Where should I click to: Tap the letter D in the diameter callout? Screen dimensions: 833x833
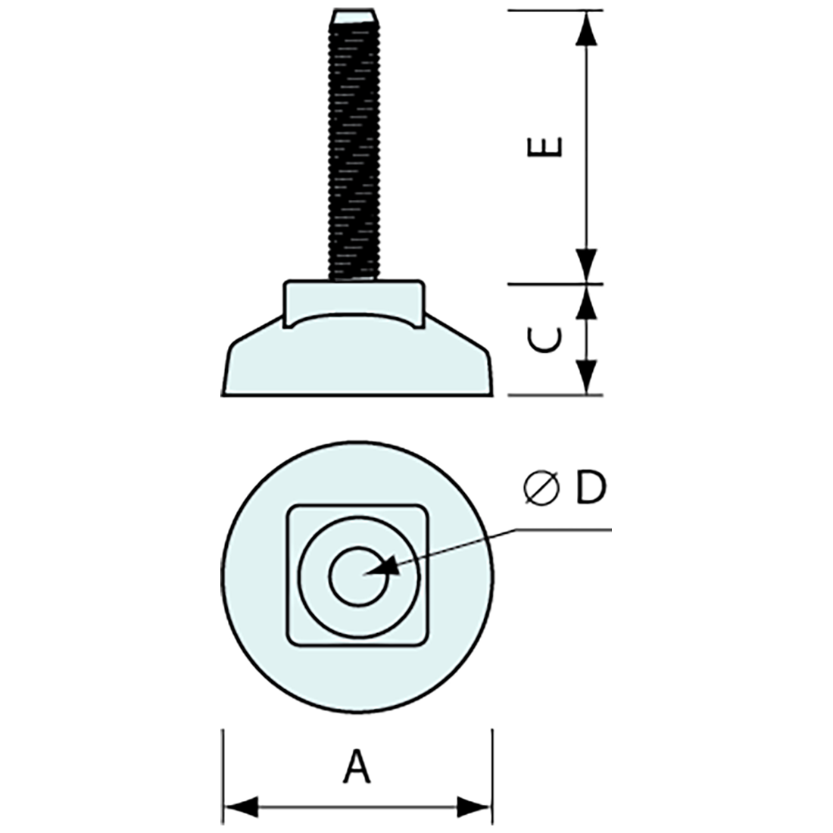[590, 488]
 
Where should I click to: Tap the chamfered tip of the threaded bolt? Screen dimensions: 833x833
[352, 16]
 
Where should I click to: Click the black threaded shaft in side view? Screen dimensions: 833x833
[352, 151]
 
